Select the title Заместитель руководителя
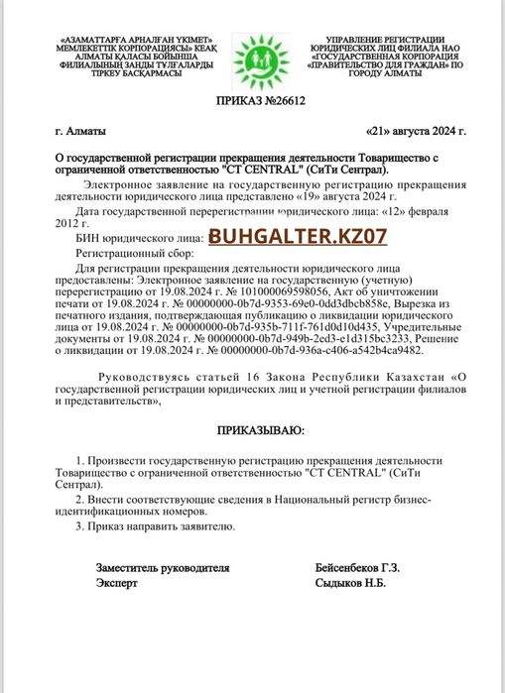tap(163, 568)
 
